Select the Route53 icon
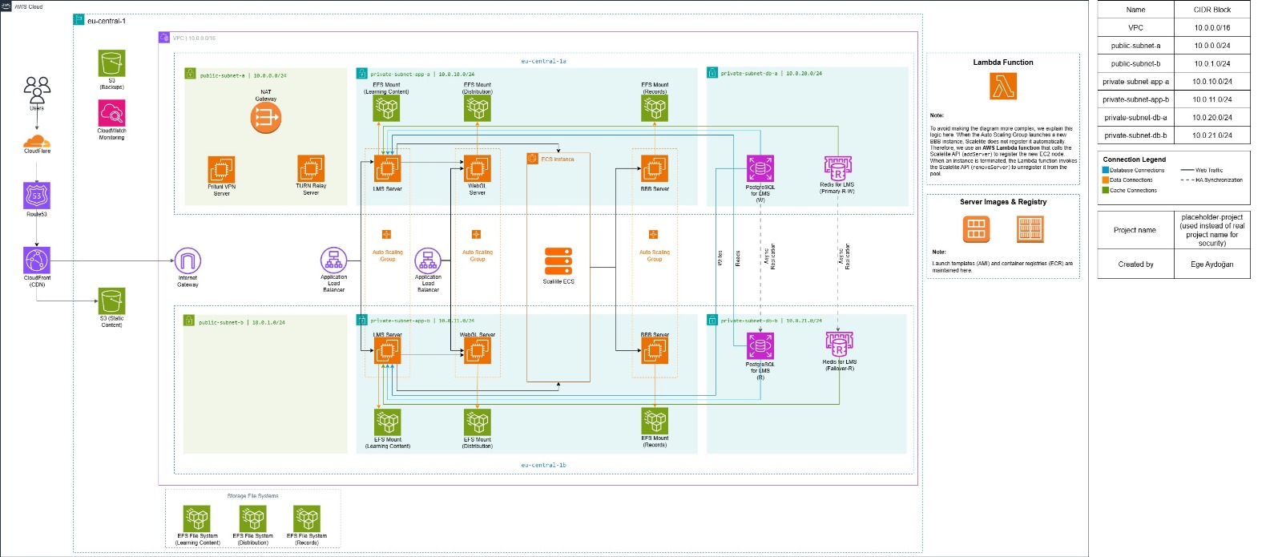click(37, 196)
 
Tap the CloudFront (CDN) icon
click(37, 260)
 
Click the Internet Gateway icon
click(187, 261)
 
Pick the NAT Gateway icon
click(266, 119)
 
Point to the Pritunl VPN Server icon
click(221, 169)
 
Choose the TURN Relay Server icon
click(311, 169)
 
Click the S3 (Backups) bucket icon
click(112, 63)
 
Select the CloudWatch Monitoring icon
click(112, 113)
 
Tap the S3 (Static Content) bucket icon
click(112, 301)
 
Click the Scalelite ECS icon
click(558, 262)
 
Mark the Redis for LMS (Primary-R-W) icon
click(838, 168)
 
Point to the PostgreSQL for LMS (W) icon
click(760, 169)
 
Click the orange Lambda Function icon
click(1003, 86)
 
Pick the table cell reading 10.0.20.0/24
click(1211, 117)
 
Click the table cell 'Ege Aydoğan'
click(1211, 264)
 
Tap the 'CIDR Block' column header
click(1211, 10)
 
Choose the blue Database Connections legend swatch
click(1106, 170)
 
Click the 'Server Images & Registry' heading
click(1003, 202)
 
